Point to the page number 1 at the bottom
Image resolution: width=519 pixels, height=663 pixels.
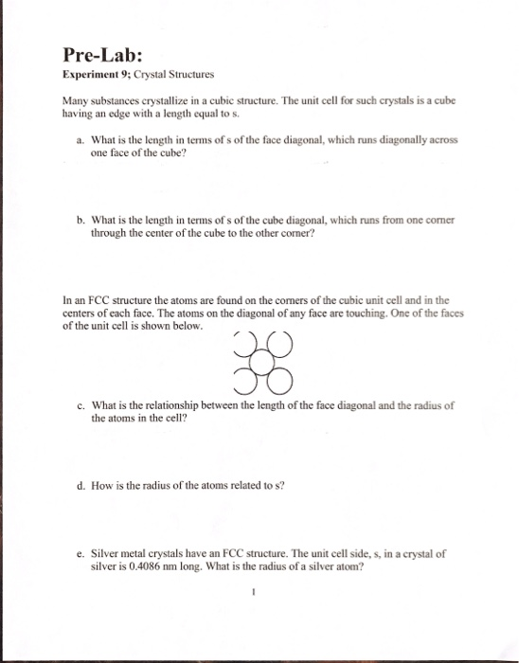point(255,598)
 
